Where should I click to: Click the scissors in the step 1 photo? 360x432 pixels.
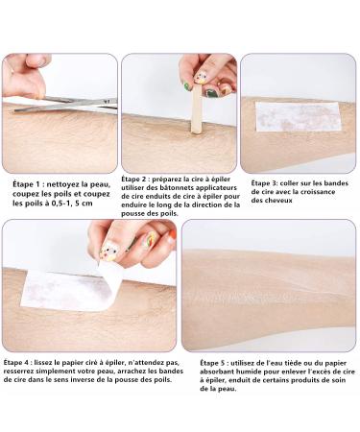[x=65, y=105]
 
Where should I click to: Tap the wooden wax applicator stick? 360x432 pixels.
[x=196, y=108]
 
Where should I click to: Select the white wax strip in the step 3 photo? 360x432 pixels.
[x=298, y=117]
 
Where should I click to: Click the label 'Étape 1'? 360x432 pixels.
[x=28, y=184]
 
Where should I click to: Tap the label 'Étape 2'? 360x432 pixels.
[x=135, y=180]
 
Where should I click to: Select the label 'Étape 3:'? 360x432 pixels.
[x=264, y=183]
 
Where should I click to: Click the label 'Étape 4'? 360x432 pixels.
[x=17, y=363]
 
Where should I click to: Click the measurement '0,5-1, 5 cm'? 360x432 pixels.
[x=72, y=204]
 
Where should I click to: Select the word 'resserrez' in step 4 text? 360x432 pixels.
[x=20, y=372]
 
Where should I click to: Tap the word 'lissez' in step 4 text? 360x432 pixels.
[x=43, y=363]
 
